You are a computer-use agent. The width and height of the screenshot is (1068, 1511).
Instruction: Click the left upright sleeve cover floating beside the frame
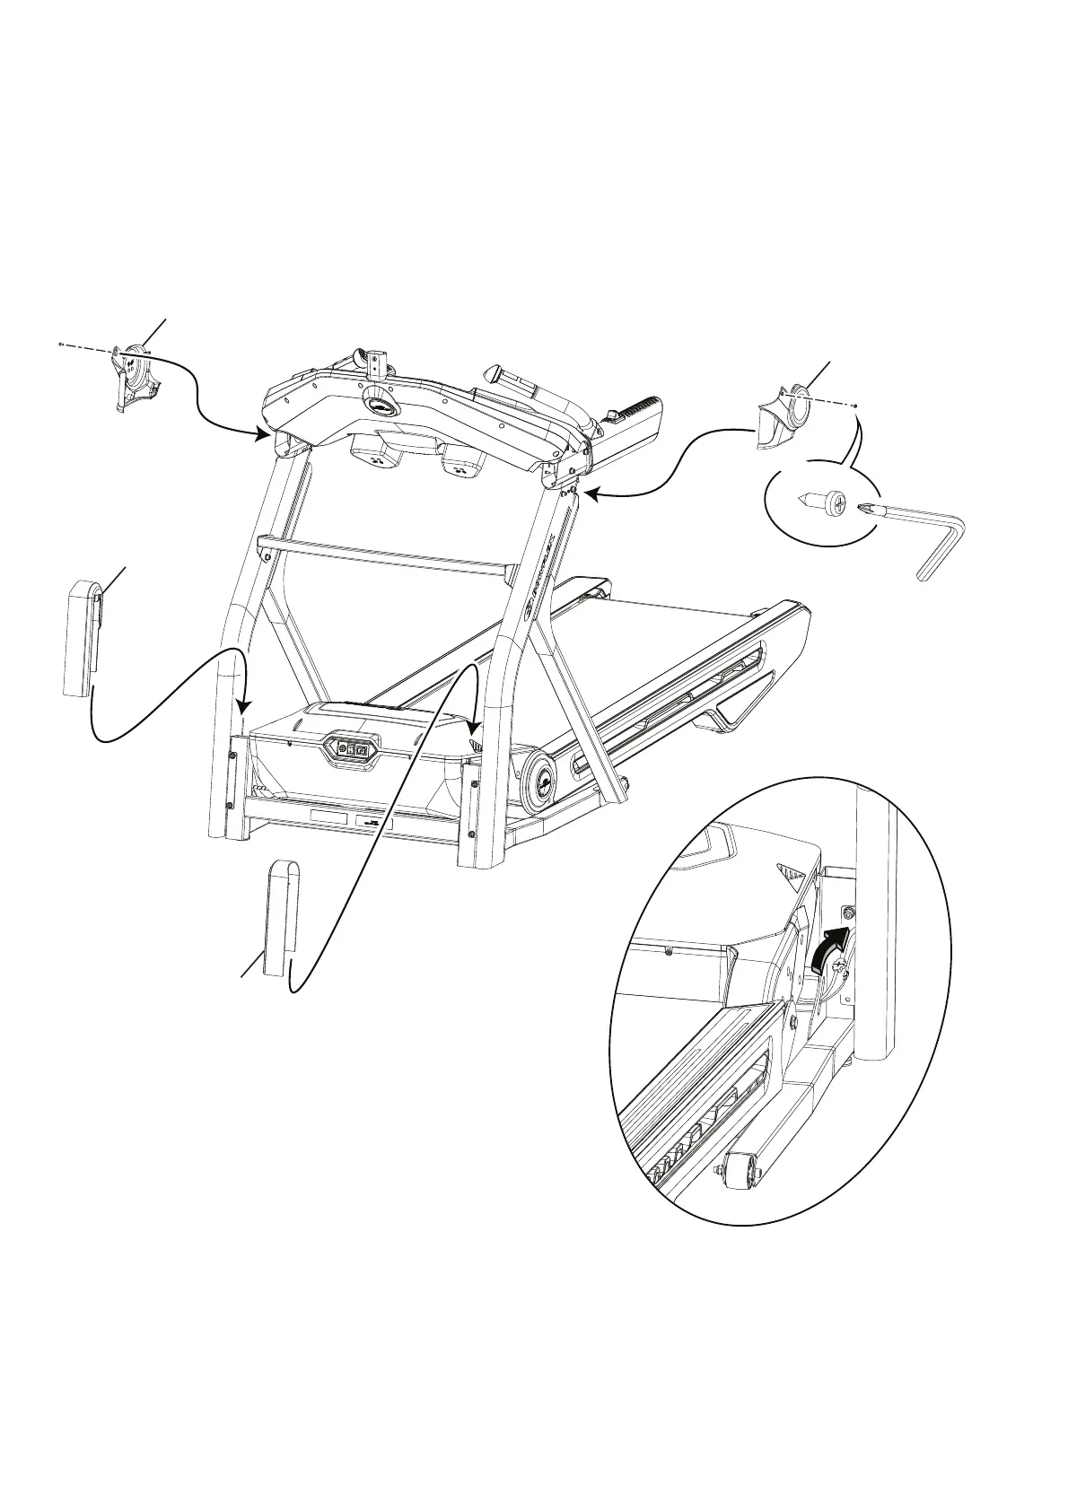click(83, 637)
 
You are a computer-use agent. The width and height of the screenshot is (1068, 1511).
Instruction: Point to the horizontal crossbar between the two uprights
click(386, 555)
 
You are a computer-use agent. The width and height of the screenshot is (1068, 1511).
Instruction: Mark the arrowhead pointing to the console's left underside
click(264, 435)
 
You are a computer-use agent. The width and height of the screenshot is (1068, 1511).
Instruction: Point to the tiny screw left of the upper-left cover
click(58, 344)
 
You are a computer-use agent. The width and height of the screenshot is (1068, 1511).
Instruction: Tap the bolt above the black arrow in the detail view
click(849, 912)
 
